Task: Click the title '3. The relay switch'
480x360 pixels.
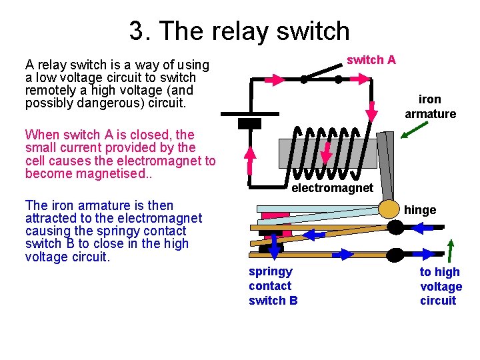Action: (239, 31)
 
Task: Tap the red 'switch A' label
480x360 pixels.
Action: (371, 60)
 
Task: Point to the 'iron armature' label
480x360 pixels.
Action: (430, 107)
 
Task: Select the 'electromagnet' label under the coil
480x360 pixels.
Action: (332, 188)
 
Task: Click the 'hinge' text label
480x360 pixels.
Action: (420, 210)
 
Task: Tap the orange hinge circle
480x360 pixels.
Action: (389, 209)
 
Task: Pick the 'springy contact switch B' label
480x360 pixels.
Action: (273, 286)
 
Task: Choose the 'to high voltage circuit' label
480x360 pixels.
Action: (441, 286)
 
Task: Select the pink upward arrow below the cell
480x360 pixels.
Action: (249, 160)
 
